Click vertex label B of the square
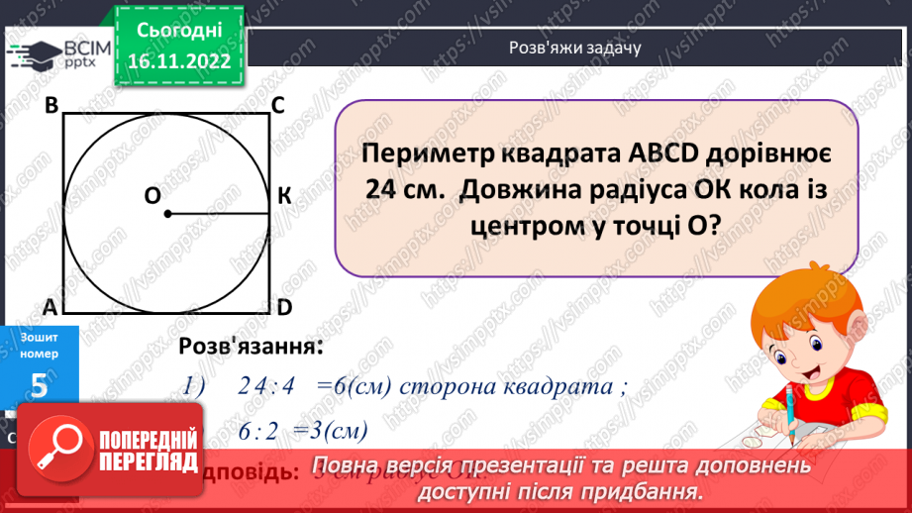click(x=51, y=106)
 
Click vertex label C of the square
click(x=279, y=106)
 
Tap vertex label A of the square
click(x=51, y=309)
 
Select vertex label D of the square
click(x=283, y=309)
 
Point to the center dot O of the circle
click(x=168, y=214)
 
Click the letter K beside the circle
click(x=284, y=196)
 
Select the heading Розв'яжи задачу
click(x=575, y=47)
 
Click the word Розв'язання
click(x=250, y=347)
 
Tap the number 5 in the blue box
click(x=39, y=386)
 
